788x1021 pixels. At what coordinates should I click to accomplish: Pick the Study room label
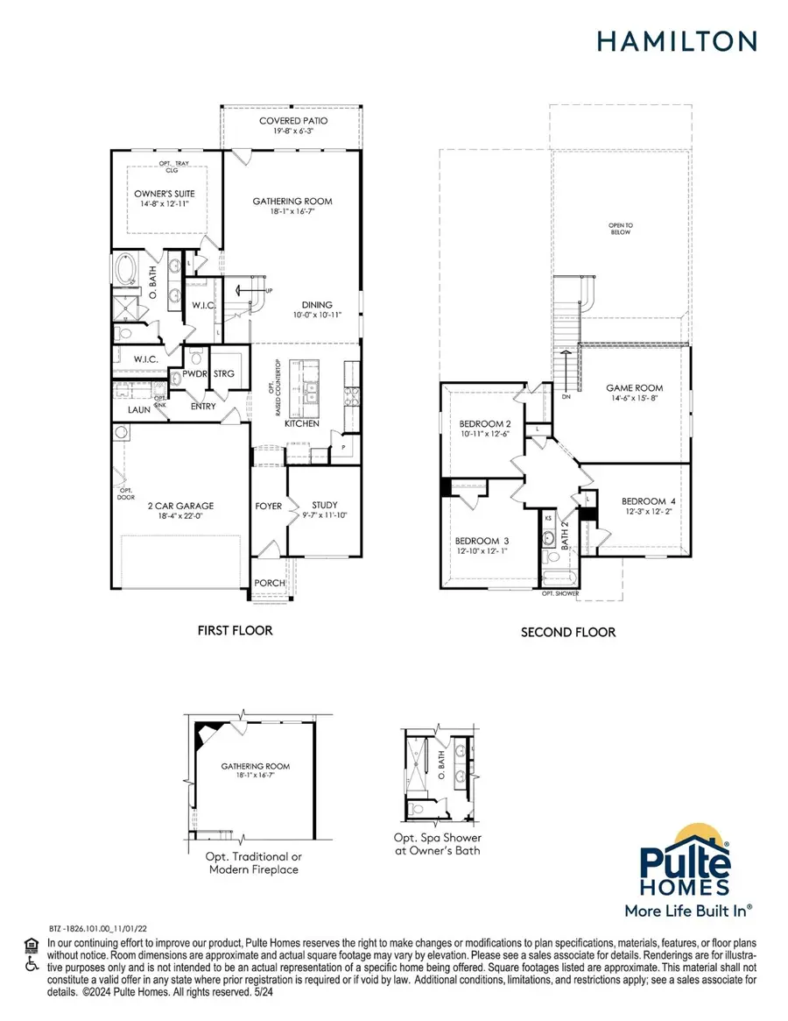[324, 505]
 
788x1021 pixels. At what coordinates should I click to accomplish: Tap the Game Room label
[634, 387]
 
